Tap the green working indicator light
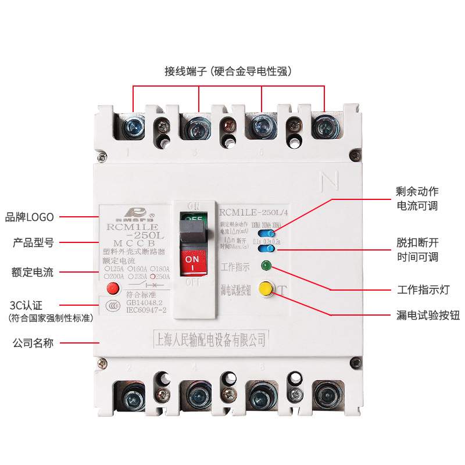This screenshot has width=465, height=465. point(267,267)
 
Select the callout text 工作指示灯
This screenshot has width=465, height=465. point(421,289)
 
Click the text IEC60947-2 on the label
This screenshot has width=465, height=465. point(146,311)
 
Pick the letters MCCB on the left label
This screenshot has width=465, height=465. point(134,242)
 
